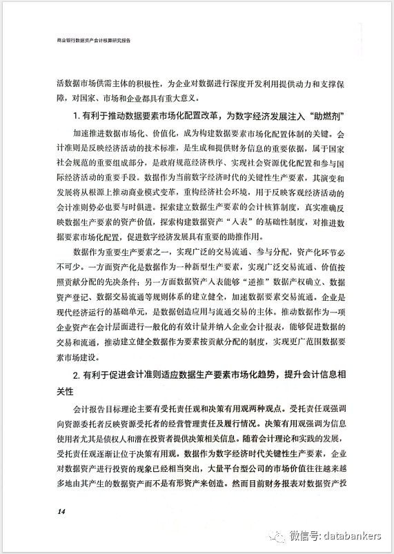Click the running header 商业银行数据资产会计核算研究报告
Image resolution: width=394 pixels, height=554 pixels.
(x=95, y=41)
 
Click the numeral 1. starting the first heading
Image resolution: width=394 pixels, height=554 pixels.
(x=77, y=114)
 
